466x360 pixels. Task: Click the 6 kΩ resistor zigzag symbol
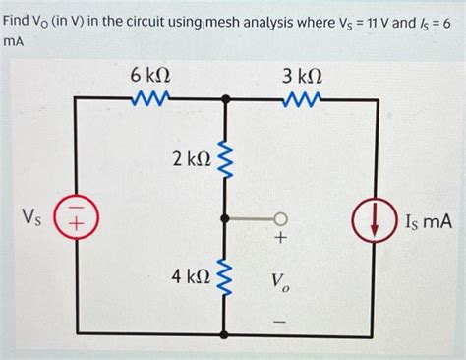click(149, 98)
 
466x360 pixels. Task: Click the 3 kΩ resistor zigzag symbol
click(302, 98)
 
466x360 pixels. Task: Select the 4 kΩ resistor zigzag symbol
click(228, 279)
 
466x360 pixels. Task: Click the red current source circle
click(378, 223)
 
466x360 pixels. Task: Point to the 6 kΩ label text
click(149, 75)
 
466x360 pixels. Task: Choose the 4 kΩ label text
click(191, 278)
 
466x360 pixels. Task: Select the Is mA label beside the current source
click(428, 223)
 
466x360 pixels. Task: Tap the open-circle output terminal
click(281, 218)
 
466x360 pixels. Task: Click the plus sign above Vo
click(281, 239)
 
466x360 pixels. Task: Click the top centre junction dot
click(228, 98)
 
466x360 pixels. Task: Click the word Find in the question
click(22, 21)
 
